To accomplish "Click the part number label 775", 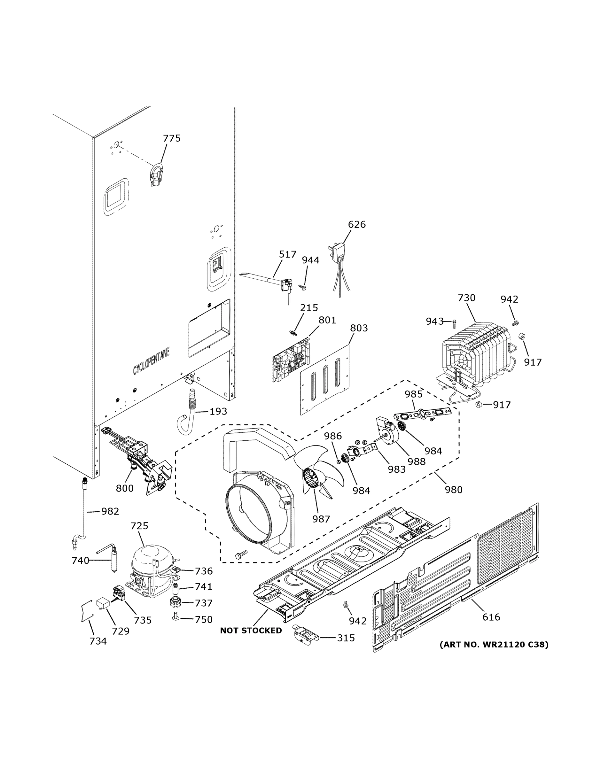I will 172,138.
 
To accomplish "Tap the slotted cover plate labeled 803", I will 325,379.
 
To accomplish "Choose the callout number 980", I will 454,490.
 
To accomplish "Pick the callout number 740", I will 81,561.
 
